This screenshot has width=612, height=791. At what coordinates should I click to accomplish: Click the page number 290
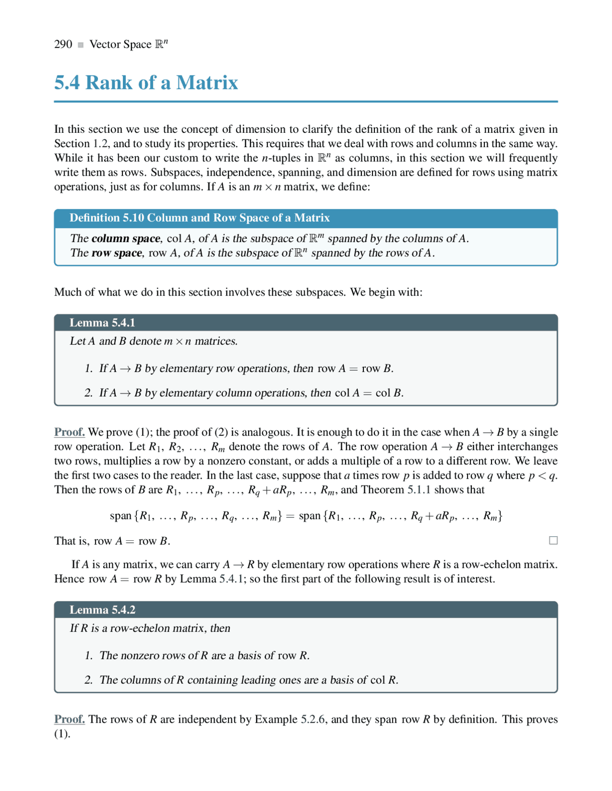point(63,44)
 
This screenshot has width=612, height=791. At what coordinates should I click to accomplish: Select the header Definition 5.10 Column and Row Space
point(199,218)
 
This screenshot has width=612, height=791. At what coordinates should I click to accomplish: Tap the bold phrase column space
point(126,238)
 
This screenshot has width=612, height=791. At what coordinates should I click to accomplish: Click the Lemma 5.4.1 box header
point(102,322)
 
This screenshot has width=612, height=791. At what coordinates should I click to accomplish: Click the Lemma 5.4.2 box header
point(102,609)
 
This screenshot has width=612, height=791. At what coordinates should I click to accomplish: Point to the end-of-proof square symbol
point(553,540)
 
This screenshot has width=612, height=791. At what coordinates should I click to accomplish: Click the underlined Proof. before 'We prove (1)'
point(69,432)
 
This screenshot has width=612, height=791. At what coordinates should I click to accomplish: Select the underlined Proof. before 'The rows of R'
point(69,719)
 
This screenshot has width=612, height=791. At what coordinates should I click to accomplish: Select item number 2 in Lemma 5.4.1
point(88,393)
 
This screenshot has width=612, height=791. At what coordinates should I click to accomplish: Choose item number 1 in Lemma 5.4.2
point(88,655)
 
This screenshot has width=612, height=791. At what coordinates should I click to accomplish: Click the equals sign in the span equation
point(290,516)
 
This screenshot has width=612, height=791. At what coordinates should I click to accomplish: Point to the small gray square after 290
point(81,45)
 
